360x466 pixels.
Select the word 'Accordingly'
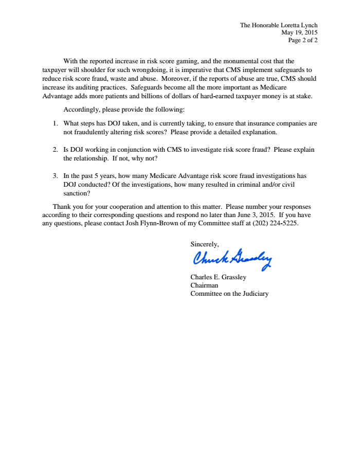click(82, 110)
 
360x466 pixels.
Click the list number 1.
click(55, 123)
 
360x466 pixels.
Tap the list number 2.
click(55, 150)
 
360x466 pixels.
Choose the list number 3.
click(55, 176)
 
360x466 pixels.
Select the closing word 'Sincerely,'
click(205, 245)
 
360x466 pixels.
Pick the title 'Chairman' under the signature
click(204, 285)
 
